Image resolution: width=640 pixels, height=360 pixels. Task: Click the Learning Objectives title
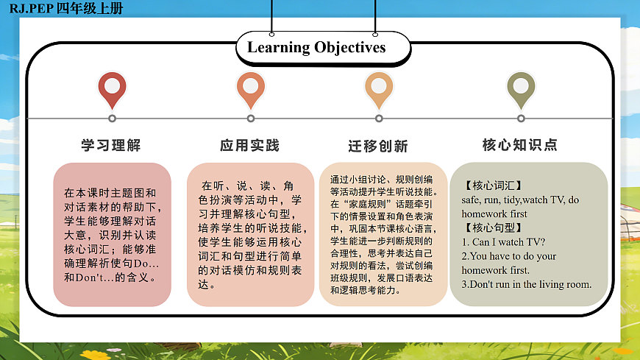tap(316, 48)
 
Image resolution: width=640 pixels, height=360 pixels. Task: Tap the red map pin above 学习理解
tap(112, 89)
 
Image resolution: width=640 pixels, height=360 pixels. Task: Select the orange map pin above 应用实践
tap(251, 89)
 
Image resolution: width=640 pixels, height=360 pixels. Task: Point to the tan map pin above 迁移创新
tap(379, 89)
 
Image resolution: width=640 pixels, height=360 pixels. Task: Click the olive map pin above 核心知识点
tap(521, 89)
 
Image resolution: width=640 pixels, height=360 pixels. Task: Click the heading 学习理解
tap(111, 145)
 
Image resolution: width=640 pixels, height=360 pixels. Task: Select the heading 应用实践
tap(250, 145)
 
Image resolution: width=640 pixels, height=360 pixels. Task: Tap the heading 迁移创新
tap(378, 146)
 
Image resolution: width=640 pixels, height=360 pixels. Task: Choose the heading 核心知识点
tap(520, 145)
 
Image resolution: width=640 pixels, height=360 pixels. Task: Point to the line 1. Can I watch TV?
tap(503, 241)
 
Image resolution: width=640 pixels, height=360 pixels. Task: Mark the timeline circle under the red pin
tap(112, 118)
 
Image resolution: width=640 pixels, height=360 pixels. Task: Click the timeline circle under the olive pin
tap(521, 118)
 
